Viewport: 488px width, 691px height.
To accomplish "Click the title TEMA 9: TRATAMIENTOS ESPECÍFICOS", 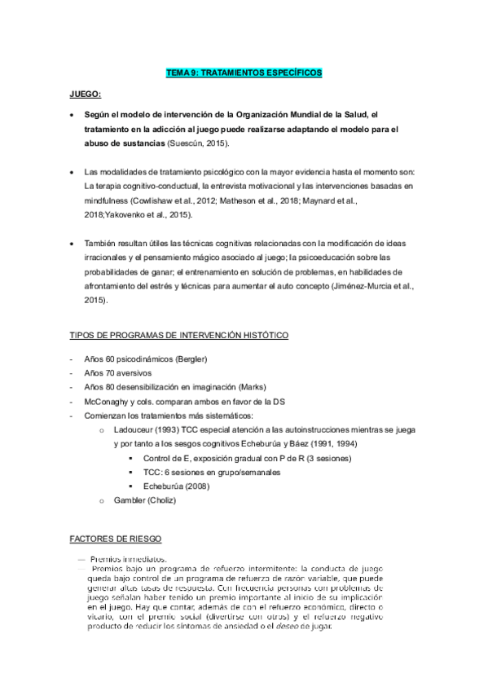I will point(244,73).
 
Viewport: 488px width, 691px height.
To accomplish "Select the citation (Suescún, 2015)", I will point(199,143).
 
